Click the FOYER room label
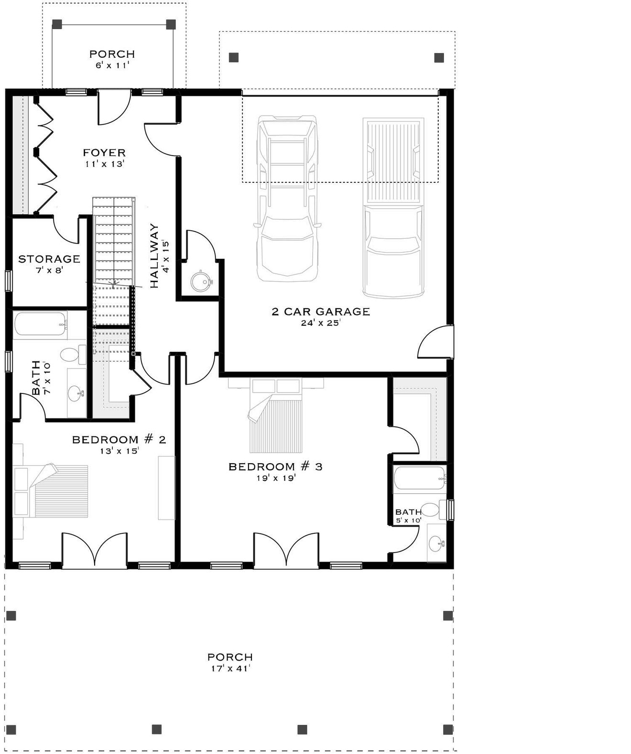(104, 153)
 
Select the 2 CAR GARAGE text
(321, 312)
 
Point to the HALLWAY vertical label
(154, 256)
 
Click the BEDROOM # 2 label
(119, 439)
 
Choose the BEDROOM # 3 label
(275, 467)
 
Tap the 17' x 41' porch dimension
(230, 669)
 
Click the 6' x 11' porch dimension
(112, 65)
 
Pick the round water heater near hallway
(200, 281)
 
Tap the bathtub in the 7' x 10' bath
(40, 324)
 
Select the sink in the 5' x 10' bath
(435, 543)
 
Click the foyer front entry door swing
(114, 107)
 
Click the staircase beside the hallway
(113, 248)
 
